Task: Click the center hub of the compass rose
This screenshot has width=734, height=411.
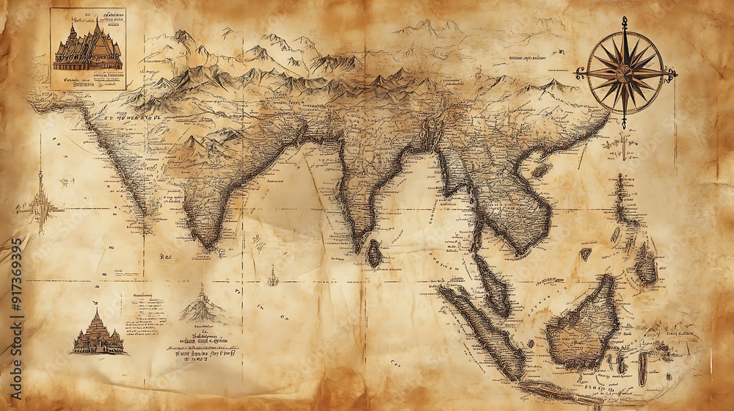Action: pos(625,72)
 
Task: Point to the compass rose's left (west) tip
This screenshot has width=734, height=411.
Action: pos(579,73)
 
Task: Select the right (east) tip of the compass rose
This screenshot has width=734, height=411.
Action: pos(673,72)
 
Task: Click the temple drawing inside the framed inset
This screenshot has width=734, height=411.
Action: pos(87,47)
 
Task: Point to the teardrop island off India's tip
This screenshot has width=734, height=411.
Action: pos(374,253)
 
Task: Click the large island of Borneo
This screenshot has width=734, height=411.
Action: pos(584,323)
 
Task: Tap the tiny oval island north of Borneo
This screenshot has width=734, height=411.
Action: pos(585,255)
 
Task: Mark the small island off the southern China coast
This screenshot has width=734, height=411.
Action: pos(542,170)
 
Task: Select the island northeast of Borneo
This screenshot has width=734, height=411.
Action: pos(646,264)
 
